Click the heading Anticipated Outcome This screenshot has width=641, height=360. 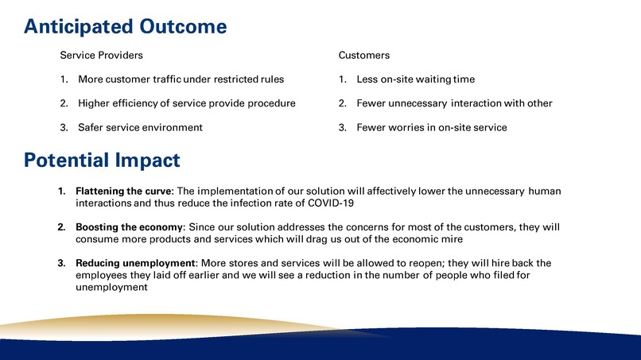[125, 26]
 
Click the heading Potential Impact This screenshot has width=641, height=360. [102, 161]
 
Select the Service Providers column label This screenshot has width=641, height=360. [102, 56]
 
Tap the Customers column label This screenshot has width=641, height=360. [364, 56]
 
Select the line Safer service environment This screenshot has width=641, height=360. [141, 127]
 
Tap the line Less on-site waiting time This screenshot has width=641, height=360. [416, 79]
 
